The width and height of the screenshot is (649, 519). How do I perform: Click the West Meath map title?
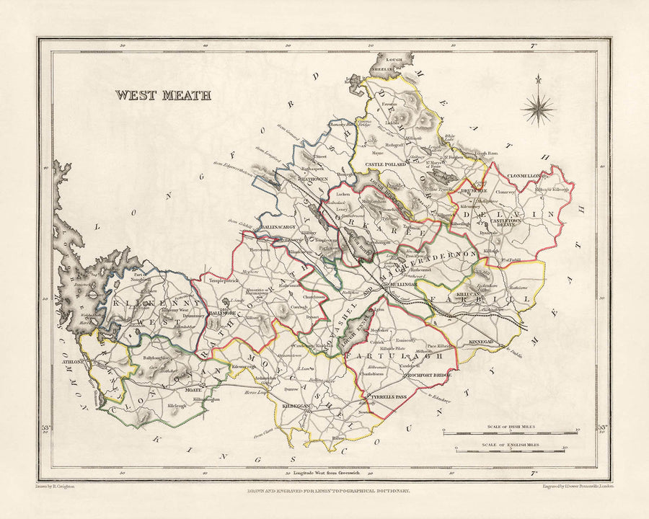tap(163, 95)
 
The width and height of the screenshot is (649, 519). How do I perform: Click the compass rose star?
tap(539, 109)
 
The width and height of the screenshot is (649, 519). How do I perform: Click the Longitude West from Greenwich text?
tap(326, 473)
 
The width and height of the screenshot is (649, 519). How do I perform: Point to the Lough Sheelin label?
tap(384, 66)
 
